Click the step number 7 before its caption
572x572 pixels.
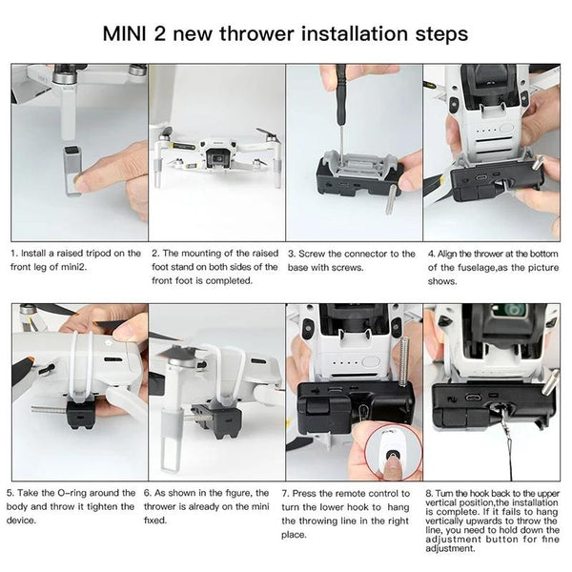coord(287,492)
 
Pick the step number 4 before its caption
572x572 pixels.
coord(431,254)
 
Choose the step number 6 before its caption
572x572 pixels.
coord(148,492)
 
